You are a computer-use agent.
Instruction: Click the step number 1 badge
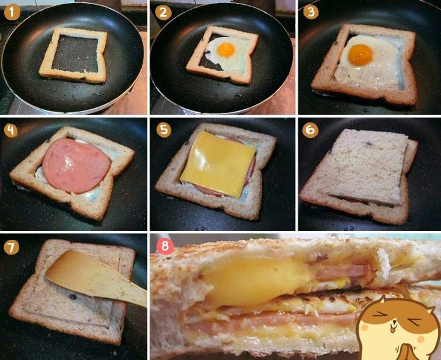(x=12, y=13)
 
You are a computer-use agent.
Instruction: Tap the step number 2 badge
(x=163, y=13)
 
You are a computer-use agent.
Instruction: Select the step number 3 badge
(x=311, y=12)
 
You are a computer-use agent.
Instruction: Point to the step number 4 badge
(x=11, y=131)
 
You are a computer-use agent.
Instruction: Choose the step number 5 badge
(x=164, y=130)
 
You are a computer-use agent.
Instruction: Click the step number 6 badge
(x=310, y=130)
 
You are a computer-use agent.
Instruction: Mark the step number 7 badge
(x=11, y=247)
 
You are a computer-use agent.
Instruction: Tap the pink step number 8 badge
(x=165, y=246)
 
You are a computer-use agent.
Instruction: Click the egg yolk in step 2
(x=226, y=50)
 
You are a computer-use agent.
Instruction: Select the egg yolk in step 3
(x=360, y=55)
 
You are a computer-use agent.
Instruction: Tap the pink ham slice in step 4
(x=77, y=166)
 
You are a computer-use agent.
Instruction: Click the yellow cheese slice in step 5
(x=218, y=165)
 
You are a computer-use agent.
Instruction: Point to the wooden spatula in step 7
(x=95, y=277)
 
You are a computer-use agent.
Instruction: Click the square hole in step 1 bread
(x=75, y=54)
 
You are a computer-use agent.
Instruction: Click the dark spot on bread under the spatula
(x=73, y=296)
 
